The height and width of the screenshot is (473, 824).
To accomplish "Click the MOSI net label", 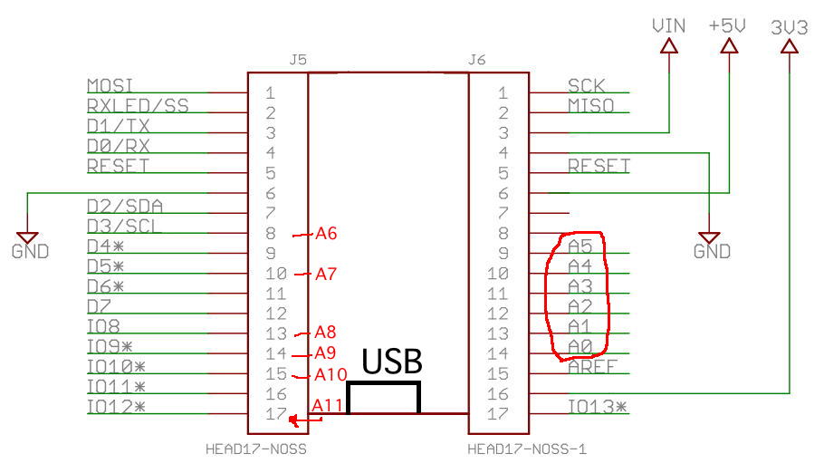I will pos(110,86).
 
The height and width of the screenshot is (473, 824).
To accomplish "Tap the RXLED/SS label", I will pos(138,106).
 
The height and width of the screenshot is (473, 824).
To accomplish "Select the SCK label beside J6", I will pos(586,86).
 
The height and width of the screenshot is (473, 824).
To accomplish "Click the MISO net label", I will pos(590,106).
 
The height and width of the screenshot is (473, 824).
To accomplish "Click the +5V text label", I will pos(728,26).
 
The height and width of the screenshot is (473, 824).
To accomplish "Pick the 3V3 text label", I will pos(789,27).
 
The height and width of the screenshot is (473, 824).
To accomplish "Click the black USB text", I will pos(392,362).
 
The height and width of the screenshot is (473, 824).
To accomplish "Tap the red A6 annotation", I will pos(326,234).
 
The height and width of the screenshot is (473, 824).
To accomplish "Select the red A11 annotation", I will pos(327,406).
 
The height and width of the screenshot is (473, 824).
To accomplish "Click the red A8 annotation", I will pos(326,333).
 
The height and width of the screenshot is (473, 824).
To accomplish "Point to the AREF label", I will pos(591,368).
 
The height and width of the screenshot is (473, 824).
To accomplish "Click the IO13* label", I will pos(597,407).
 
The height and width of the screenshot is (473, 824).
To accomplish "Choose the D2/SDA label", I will pos(125,207).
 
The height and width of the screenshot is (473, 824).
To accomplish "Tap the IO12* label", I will pos(116,407).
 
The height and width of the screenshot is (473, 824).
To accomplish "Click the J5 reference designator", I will pos(297,61).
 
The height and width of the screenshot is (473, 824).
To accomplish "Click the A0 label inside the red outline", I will pos(580,346).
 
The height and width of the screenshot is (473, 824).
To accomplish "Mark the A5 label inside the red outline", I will pos(580,246).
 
